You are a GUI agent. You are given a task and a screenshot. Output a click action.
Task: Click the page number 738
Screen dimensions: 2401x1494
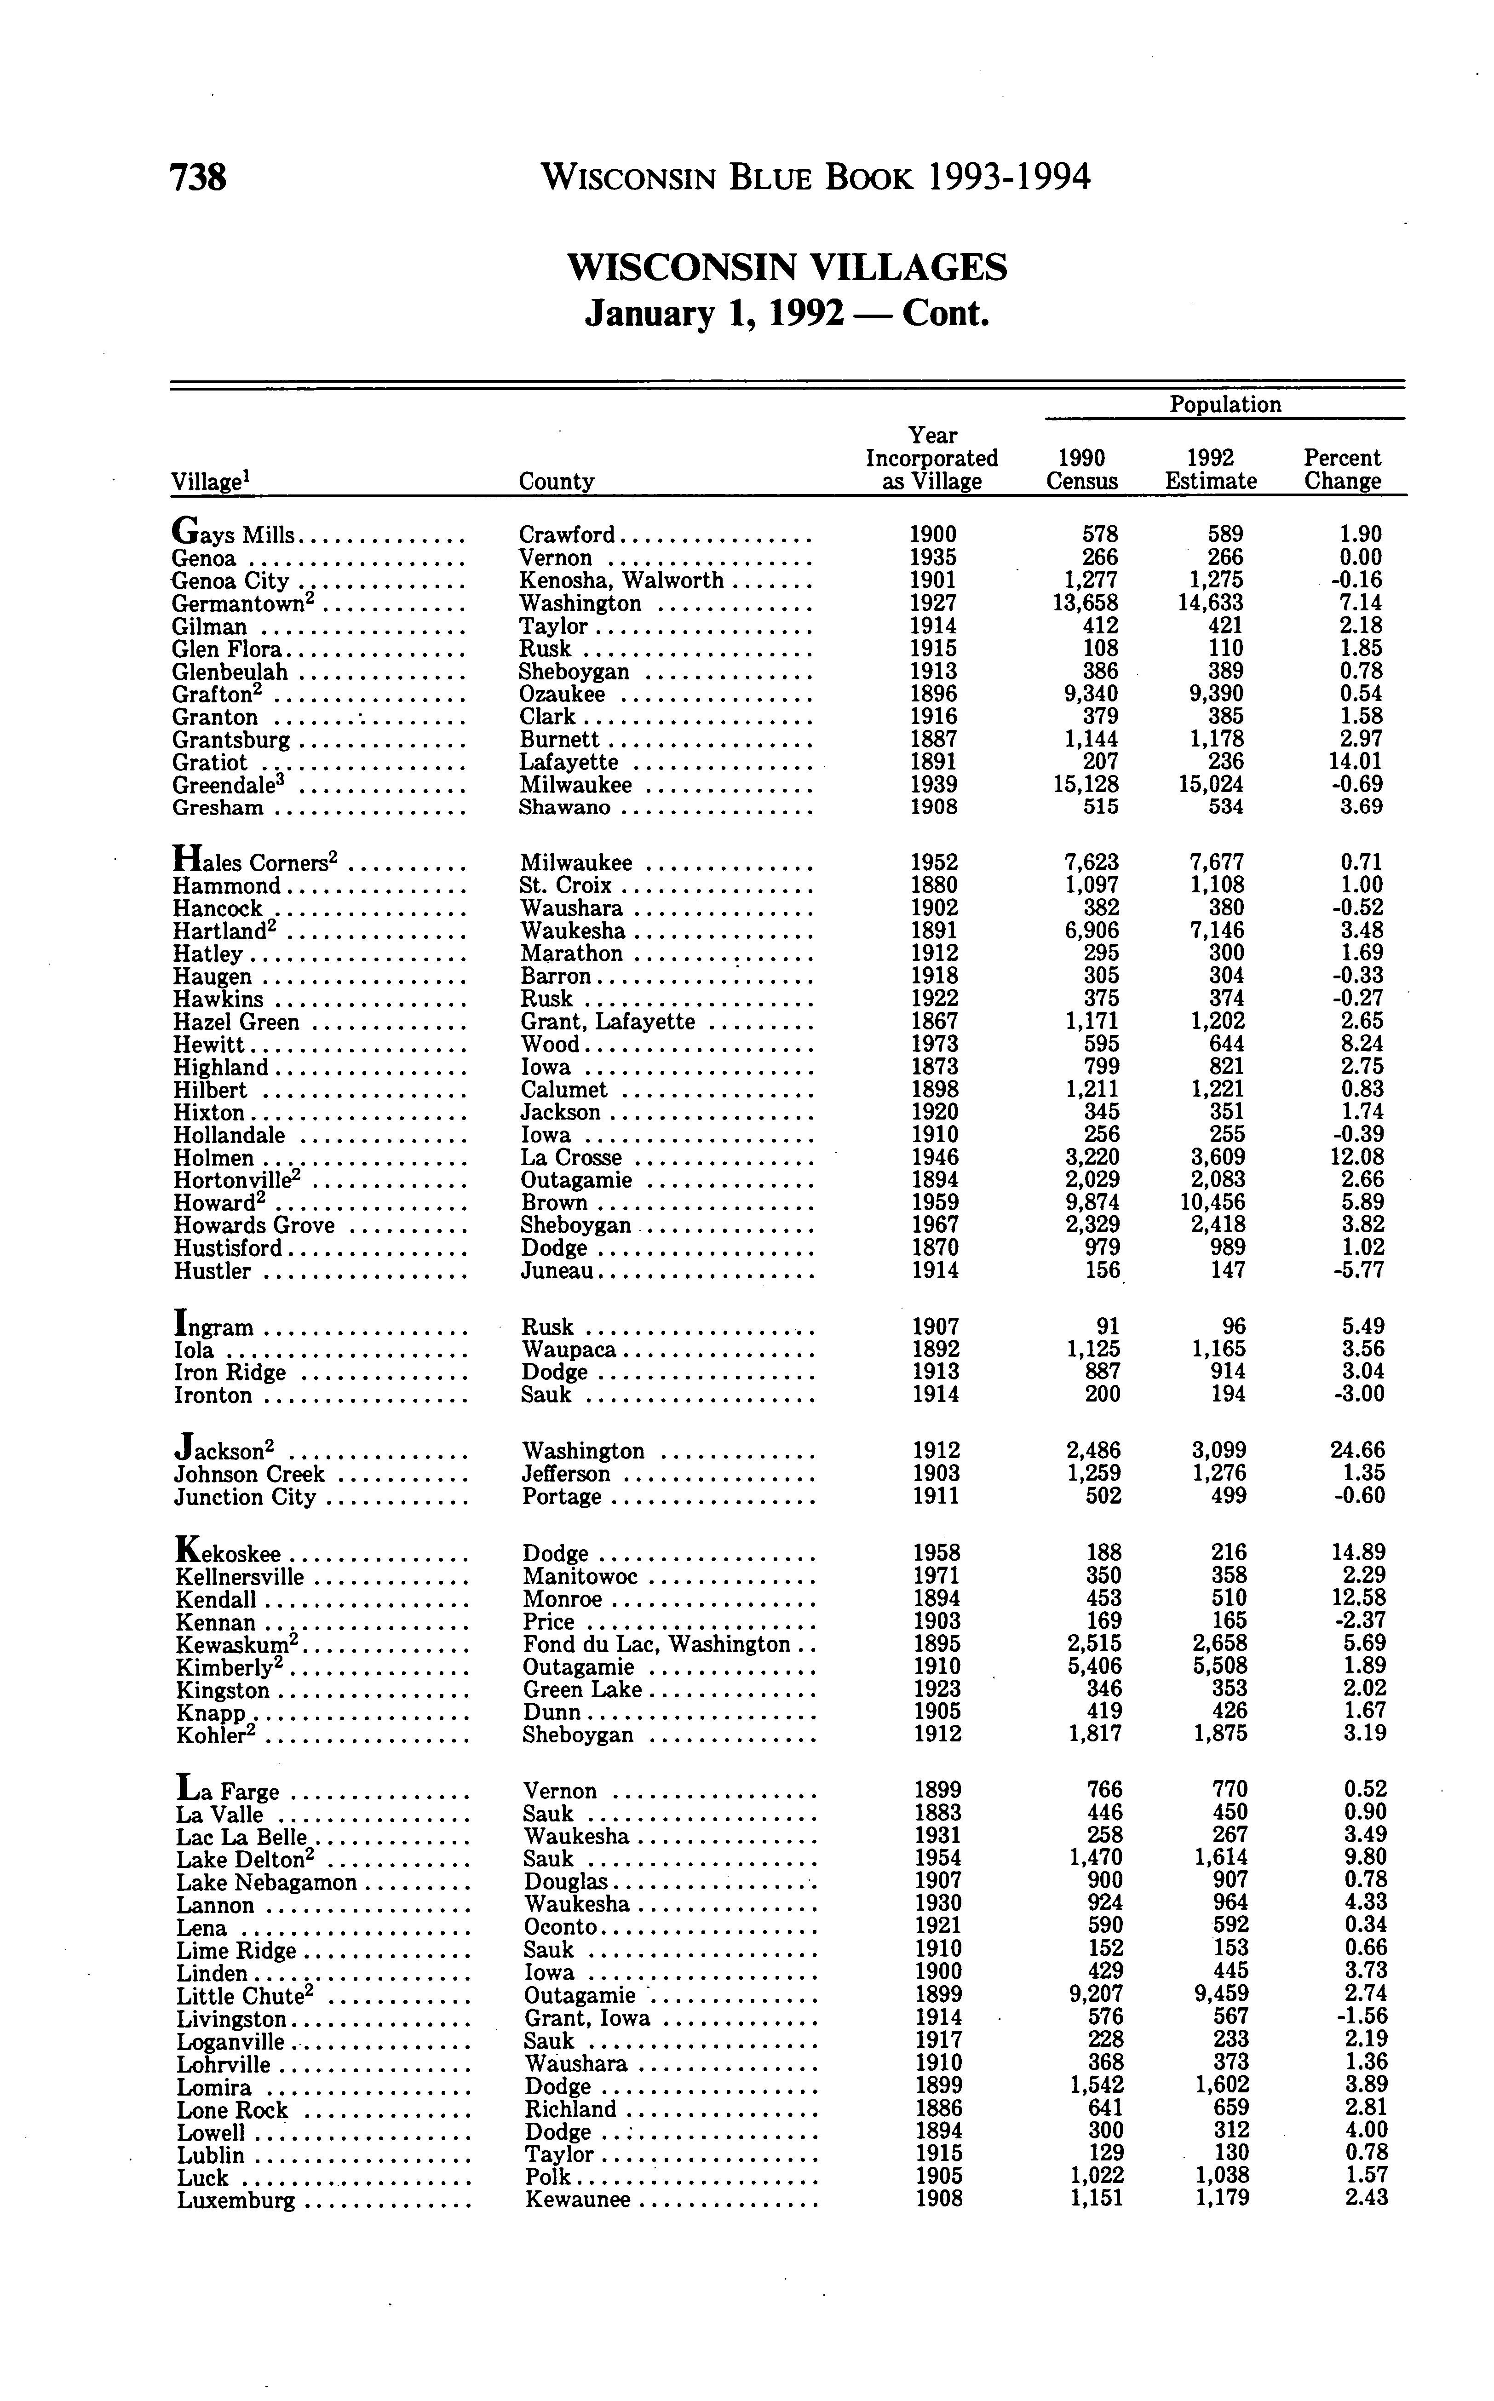[x=199, y=178]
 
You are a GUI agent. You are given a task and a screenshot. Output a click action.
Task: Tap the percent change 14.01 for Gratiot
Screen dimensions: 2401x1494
[x=1356, y=762]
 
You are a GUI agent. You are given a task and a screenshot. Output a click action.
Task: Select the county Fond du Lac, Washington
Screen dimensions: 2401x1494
[x=657, y=1644]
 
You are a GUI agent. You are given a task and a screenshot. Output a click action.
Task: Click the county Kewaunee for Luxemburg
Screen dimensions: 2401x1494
[x=577, y=2200]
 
